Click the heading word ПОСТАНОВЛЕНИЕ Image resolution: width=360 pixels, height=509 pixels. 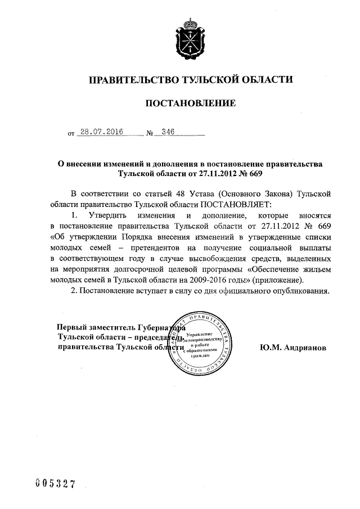tap(191, 103)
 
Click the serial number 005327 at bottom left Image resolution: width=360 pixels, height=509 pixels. tap(55, 485)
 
